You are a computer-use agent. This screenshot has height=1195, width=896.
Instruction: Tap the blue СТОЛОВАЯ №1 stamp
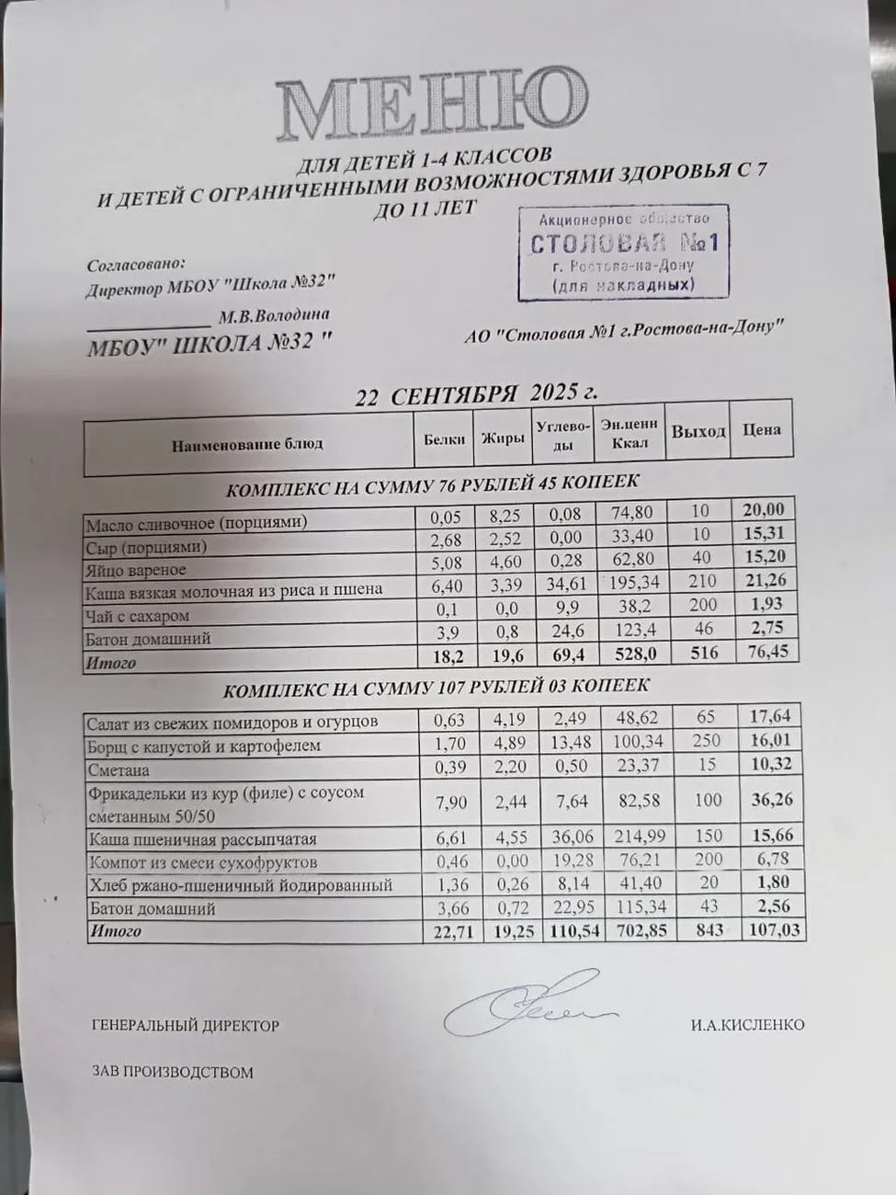pos(623,252)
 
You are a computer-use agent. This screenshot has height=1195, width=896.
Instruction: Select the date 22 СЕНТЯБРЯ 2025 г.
pos(476,394)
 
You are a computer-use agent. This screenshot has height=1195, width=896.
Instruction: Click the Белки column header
pos(444,439)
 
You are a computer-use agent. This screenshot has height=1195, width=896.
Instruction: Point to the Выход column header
pos(698,431)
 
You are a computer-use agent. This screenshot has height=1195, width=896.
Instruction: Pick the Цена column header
pos(762,429)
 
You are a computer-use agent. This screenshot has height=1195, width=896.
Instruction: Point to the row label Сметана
pos(119,770)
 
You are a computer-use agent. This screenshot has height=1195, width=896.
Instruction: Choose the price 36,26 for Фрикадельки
pos(772,800)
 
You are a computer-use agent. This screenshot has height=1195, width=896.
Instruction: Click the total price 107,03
pos(775,930)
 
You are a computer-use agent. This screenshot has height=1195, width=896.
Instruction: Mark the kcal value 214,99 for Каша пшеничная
pos(640,836)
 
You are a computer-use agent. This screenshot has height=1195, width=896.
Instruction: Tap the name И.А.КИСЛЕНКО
pos(747,1024)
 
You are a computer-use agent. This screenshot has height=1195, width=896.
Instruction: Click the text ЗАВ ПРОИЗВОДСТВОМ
pos(173,1072)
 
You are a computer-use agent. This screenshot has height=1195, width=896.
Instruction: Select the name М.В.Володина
pos(274,316)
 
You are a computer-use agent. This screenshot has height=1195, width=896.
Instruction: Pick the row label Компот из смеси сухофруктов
pos(203,863)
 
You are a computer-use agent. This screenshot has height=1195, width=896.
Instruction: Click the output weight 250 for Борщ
pos(708,741)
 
